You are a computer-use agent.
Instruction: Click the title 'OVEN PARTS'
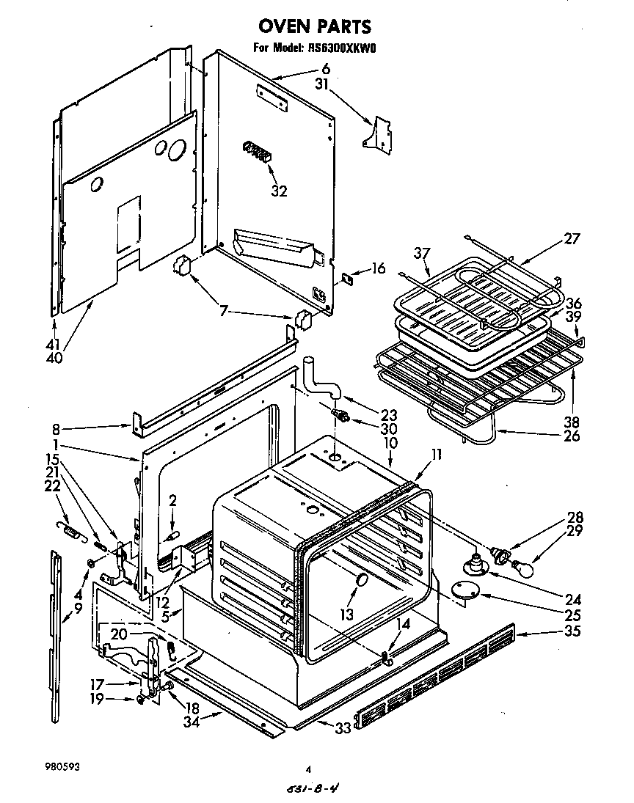314,27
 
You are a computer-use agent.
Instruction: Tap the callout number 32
279,191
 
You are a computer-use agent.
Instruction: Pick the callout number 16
378,269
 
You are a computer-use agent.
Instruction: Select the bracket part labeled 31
379,133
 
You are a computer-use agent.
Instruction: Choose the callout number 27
572,238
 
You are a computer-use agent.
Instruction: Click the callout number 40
54,358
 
